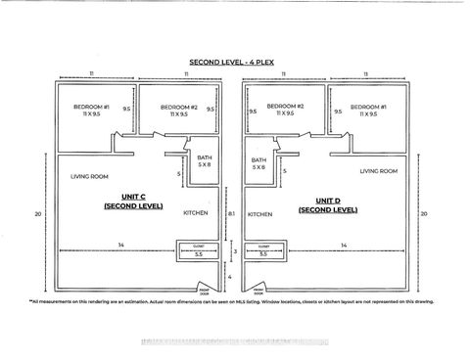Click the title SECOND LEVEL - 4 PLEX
tap(234, 61)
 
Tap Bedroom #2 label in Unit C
tap(180, 110)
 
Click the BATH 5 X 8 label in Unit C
tap(203, 163)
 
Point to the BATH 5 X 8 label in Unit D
tap(258, 163)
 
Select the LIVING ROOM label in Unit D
tap(379, 171)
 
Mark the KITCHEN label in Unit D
tap(259, 214)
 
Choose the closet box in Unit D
tap(263, 251)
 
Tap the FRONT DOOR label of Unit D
tap(260, 291)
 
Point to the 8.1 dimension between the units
tap(231, 213)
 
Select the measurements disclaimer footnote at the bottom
tap(231, 300)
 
